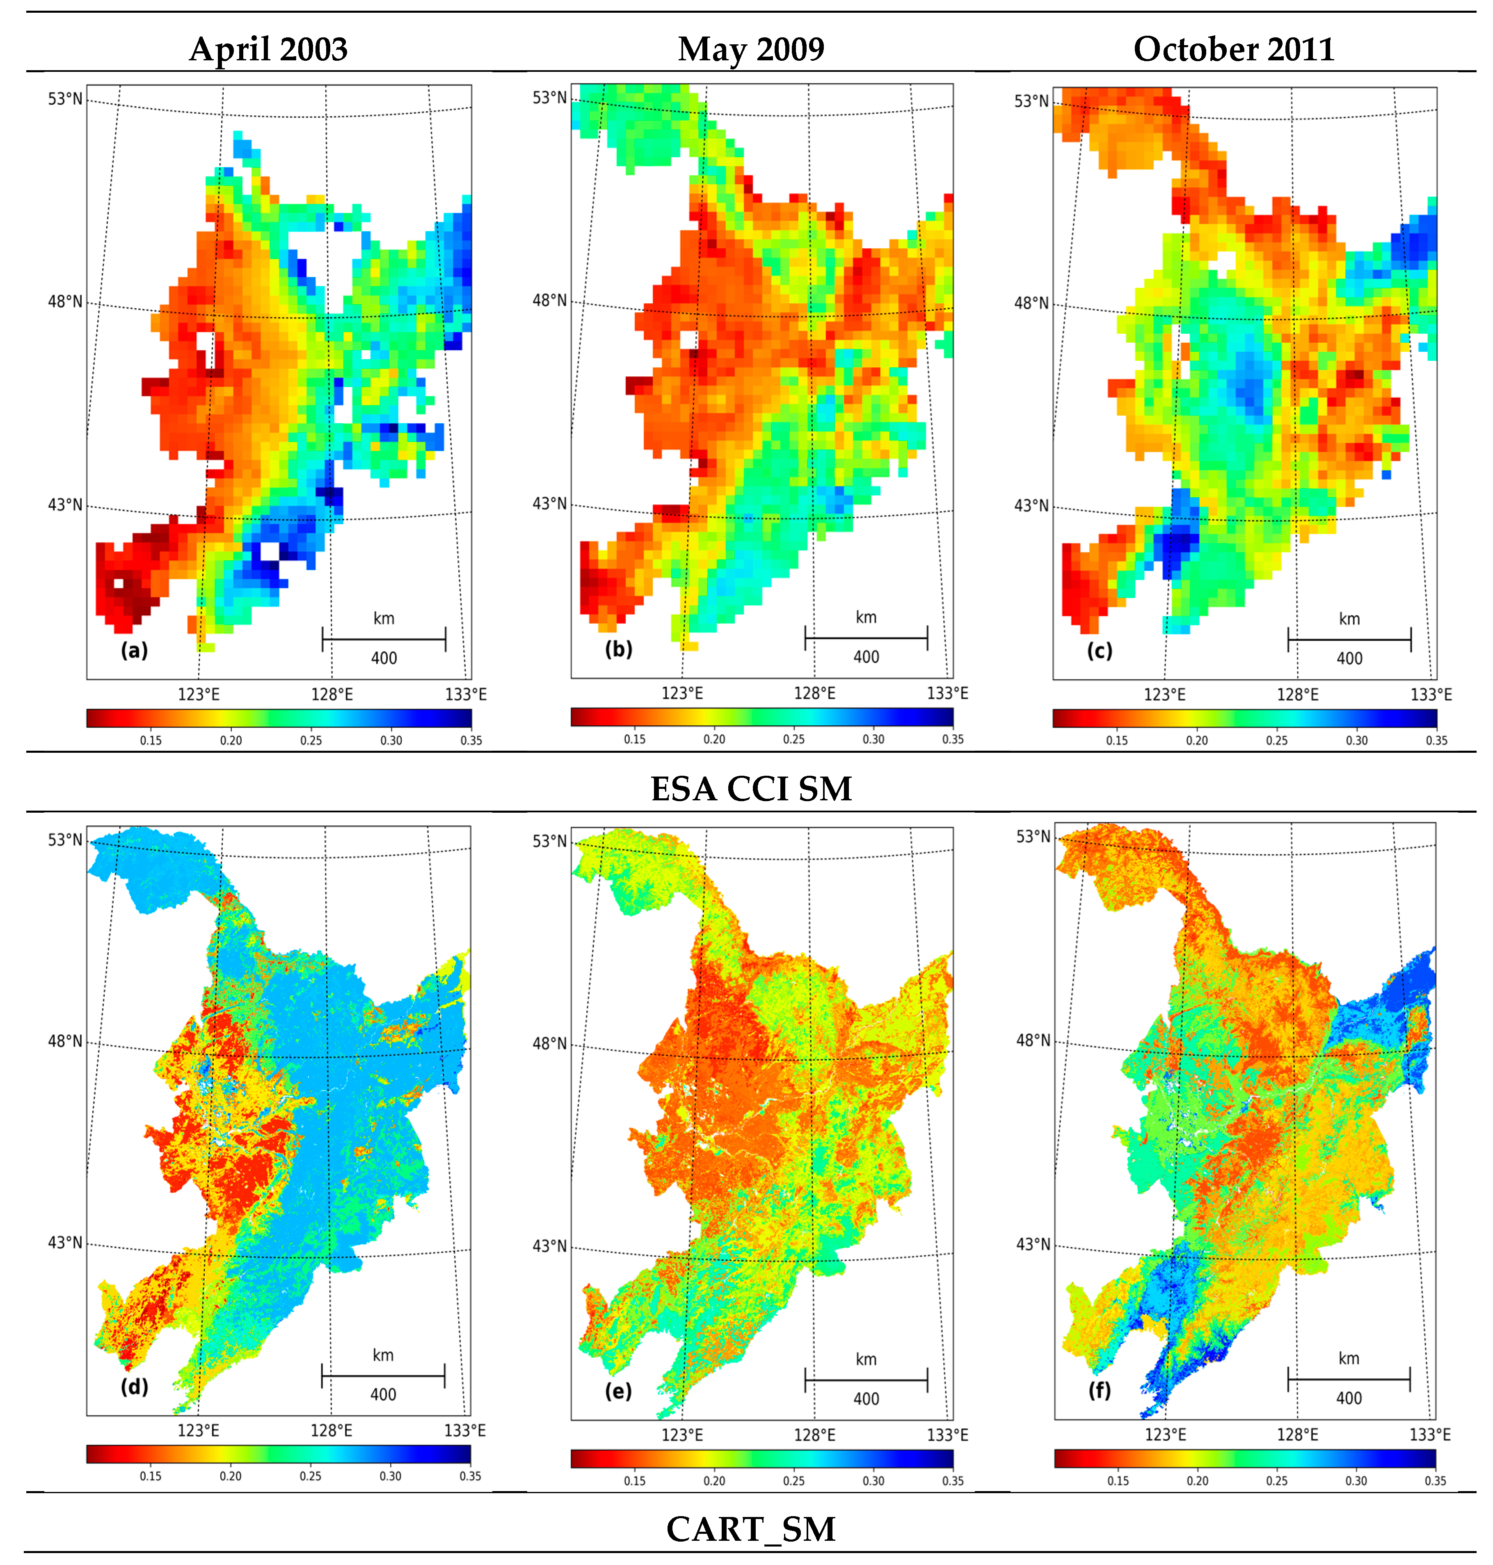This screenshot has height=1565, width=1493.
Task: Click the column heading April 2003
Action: click(x=268, y=49)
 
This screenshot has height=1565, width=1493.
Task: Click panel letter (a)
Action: click(x=135, y=651)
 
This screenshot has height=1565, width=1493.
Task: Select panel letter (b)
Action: click(x=618, y=649)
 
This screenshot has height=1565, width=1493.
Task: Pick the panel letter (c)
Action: click(x=1100, y=651)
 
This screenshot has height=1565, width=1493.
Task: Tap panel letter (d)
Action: click(x=135, y=1387)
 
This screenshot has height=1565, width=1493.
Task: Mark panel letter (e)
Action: click(x=618, y=1391)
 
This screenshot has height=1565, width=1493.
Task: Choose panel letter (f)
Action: click(x=1100, y=1390)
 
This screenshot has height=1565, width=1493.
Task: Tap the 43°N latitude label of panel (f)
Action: click(x=1033, y=1244)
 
